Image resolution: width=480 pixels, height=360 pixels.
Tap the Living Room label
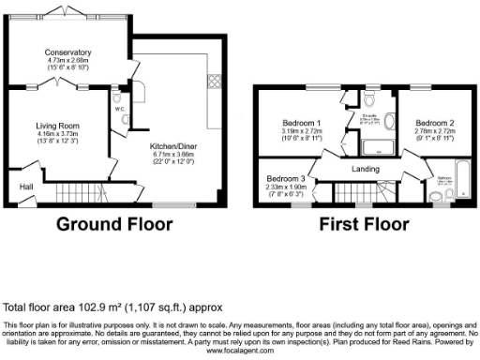[x=58, y=125]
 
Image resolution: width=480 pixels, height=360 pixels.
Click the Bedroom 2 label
[x=434, y=123]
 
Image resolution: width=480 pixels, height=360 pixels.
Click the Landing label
[x=365, y=169]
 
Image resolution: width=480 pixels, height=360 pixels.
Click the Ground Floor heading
[x=114, y=225]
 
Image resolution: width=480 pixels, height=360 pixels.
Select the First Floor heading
[x=363, y=225]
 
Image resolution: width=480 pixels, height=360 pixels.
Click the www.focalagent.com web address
[x=239, y=351]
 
